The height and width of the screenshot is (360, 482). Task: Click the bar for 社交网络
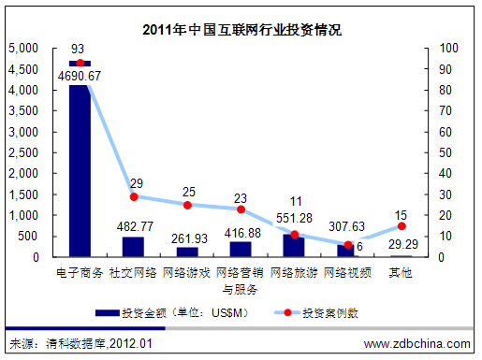click(x=134, y=247)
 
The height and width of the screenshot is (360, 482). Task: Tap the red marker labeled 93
click(x=80, y=63)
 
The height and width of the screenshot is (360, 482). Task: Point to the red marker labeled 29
click(x=134, y=196)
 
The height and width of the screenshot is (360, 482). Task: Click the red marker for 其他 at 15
click(x=402, y=225)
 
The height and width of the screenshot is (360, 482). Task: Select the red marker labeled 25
click(x=187, y=205)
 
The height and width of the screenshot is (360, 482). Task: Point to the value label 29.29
click(x=401, y=242)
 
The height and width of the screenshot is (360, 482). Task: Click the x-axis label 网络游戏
click(x=187, y=273)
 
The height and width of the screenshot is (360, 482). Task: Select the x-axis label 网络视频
click(x=347, y=273)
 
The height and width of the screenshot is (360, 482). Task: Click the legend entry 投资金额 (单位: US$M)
click(x=173, y=312)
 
